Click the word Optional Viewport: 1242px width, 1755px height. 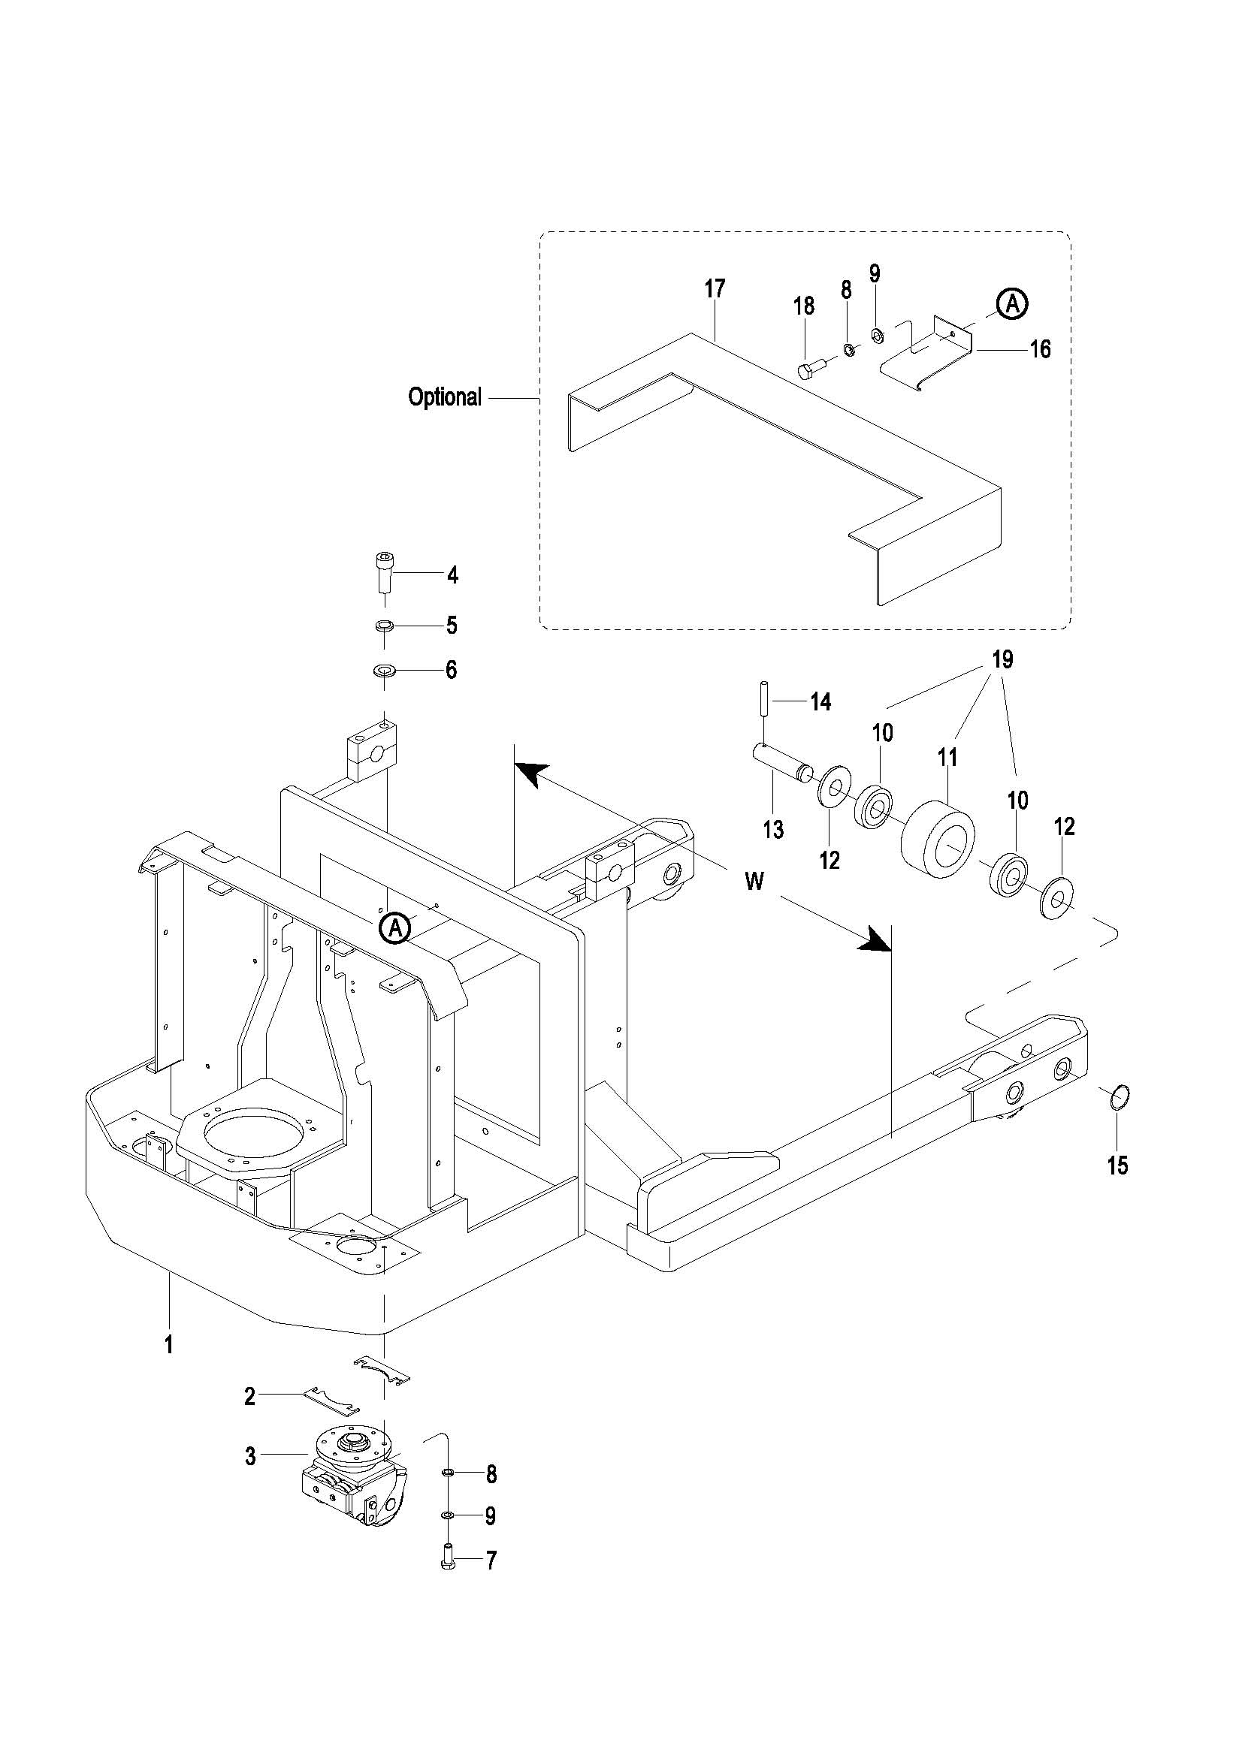click(x=444, y=397)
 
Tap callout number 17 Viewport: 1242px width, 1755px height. click(x=715, y=289)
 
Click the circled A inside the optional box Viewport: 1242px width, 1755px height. click(x=1012, y=304)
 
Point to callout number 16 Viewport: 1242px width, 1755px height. click(x=1040, y=349)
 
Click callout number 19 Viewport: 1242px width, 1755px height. click(x=1002, y=658)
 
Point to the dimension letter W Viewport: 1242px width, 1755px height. click(x=754, y=882)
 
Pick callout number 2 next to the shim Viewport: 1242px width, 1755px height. click(x=250, y=1397)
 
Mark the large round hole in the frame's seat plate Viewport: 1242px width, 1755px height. click(x=247, y=1133)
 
